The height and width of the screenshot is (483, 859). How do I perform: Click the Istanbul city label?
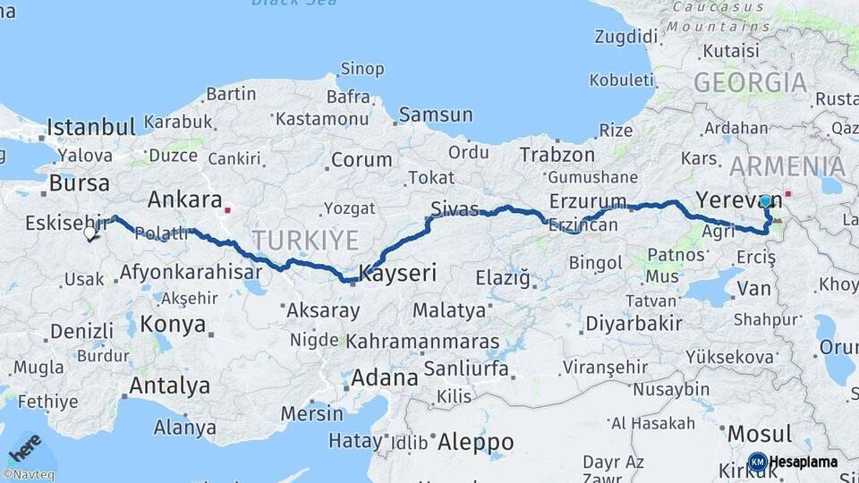coord(91,126)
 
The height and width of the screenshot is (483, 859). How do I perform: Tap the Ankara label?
coord(184,199)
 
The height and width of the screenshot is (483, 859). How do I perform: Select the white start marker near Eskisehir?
coord(89,233)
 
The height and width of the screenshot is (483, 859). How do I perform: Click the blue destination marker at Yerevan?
coord(765,201)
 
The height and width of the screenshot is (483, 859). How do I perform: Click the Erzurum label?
coord(586,199)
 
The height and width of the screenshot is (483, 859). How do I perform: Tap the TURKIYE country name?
coord(305,240)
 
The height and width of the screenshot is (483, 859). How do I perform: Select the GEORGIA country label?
coord(750,83)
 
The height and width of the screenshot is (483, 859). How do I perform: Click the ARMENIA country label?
coord(787,166)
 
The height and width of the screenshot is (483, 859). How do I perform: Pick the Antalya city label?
coord(170,386)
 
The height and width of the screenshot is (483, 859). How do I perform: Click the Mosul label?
coord(760,435)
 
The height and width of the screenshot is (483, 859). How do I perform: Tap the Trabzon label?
coord(557,155)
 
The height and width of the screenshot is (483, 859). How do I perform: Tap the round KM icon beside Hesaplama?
coord(757,462)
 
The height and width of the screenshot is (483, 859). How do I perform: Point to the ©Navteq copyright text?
coord(28,475)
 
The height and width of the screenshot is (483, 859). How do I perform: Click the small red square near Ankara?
coord(228,211)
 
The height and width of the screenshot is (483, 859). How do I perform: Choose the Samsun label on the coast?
coord(436,114)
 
